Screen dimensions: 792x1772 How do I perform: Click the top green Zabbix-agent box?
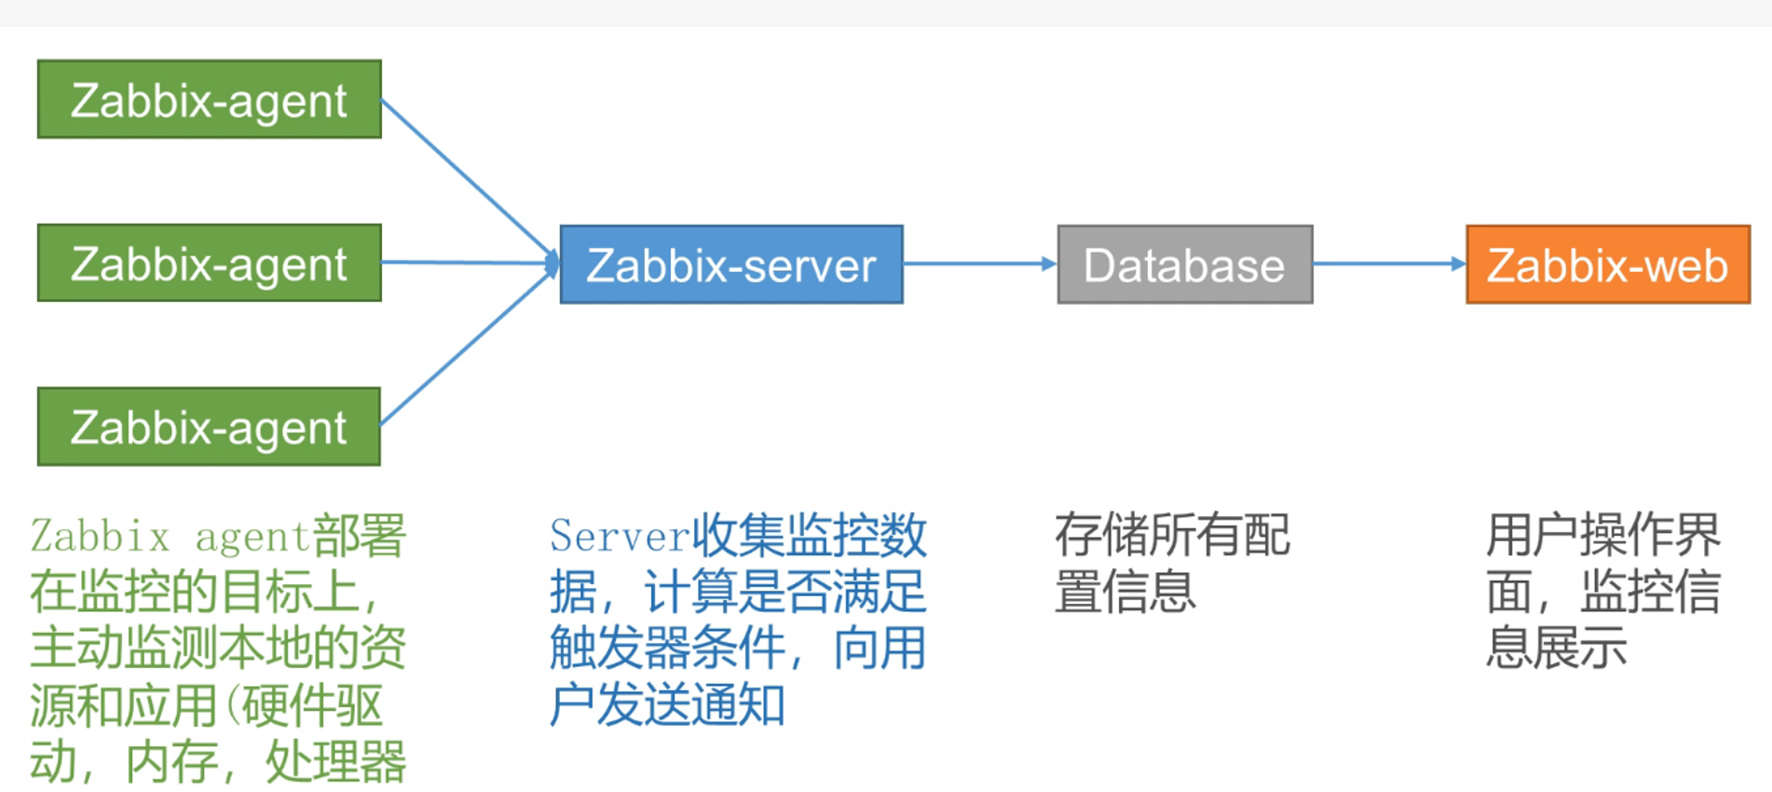209,100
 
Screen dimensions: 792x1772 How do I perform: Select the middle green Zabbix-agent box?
209,263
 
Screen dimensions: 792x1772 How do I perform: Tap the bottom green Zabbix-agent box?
209,427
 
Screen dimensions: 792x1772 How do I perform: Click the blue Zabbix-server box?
731,265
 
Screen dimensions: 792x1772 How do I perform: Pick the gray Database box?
1184,265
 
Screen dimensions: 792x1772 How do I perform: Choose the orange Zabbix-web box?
1607,265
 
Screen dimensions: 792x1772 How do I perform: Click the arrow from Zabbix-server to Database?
979,264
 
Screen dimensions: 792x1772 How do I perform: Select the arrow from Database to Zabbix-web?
1388,264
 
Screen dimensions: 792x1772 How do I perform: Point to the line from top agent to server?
466,177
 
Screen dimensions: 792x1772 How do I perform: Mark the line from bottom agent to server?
466,349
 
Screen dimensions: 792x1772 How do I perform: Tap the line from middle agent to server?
466,263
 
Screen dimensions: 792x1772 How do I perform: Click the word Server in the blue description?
620,536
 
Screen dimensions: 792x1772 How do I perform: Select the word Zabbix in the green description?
100,537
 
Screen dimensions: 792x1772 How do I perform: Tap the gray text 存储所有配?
1172,536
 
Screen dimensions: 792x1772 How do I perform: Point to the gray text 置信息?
1125,593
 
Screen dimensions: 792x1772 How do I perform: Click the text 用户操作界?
1602,536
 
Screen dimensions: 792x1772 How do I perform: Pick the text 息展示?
1556,649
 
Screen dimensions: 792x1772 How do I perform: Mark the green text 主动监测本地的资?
218,649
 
